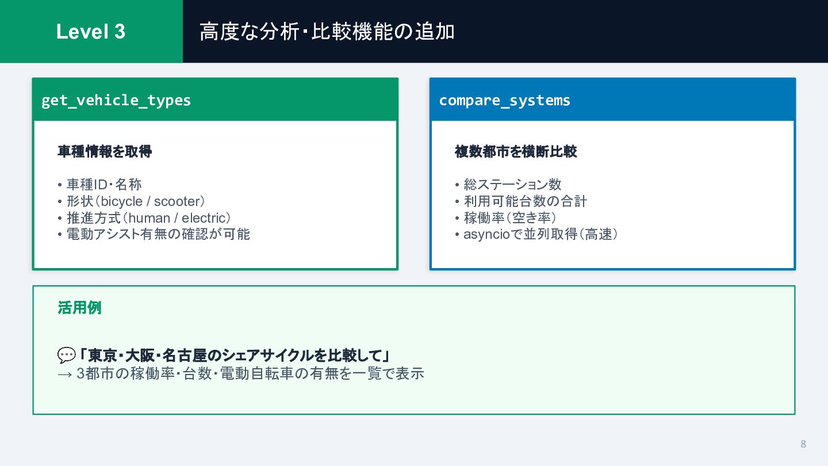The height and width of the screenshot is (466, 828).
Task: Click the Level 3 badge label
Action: pyautogui.click(x=91, y=32)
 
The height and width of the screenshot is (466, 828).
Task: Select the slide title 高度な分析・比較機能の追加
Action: pyautogui.click(x=327, y=32)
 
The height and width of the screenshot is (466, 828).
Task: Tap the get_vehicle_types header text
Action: pyautogui.click(x=116, y=100)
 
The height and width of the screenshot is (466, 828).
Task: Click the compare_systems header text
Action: pyautogui.click(x=504, y=100)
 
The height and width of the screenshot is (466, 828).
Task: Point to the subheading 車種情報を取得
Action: pyautogui.click(x=105, y=151)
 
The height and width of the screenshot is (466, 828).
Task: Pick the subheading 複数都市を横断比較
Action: pyautogui.click(x=516, y=151)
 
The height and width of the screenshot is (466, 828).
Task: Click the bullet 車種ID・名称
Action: pyautogui.click(x=104, y=185)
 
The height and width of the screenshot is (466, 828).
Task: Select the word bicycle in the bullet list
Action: pyautogui.click(x=121, y=201)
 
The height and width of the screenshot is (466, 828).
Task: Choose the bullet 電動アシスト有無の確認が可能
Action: pyautogui.click(x=158, y=234)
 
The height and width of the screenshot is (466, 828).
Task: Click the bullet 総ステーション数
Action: pyautogui.click(x=512, y=185)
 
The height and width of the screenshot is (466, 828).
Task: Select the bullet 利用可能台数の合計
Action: pyautogui.click(x=525, y=201)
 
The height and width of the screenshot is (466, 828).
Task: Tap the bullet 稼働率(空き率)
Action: pyautogui.click(x=509, y=218)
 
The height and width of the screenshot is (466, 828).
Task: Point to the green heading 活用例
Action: pyautogui.click(x=79, y=308)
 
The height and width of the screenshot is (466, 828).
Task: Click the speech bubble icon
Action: pyautogui.click(x=66, y=356)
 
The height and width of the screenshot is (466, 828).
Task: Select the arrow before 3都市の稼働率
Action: pyautogui.click(x=65, y=374)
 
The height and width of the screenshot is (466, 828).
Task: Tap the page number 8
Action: pyautogui.click(x=803, y=444)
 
